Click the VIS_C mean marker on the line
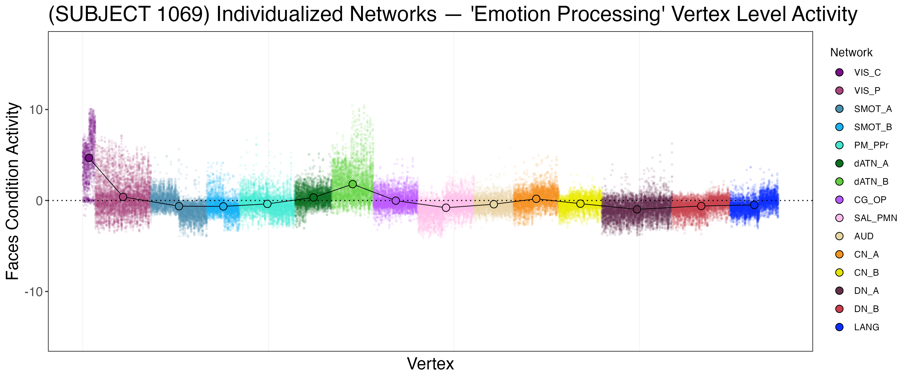coord(89,158)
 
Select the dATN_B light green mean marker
coord(352,184)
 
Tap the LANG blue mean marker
coord(754,205)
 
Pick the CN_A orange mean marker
coord(536,199)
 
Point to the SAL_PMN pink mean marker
coord(446,208)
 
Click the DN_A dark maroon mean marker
coord(637,209)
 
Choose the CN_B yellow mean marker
coord(580,204)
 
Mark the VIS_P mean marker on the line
coord(123,197)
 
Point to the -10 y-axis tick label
coord(34,292)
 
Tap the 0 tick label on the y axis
coord(39,201)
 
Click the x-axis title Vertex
coord(430,364)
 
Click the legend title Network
coord(851,53)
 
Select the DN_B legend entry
coord(866,309)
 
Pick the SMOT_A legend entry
coord(873,109)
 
